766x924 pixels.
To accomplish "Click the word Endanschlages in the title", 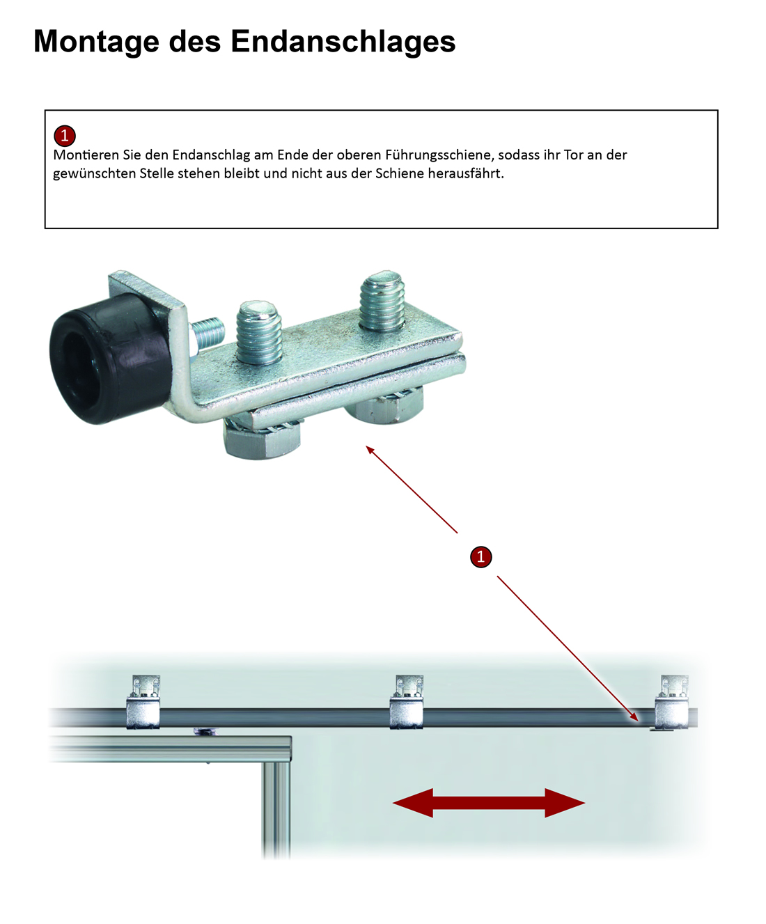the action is [343, 41].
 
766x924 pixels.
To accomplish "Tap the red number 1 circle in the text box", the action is [65, 135].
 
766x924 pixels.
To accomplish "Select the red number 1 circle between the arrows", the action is [481, 557].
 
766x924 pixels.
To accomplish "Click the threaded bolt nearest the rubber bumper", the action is [258, 332].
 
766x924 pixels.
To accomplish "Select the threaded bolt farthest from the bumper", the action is [382, 301].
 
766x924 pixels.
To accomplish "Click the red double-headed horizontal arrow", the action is [489, 803].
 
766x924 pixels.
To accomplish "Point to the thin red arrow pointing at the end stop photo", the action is [412, 490].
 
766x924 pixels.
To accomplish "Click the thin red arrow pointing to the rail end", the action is [568, 649].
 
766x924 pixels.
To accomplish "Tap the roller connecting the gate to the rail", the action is [205, 733].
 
